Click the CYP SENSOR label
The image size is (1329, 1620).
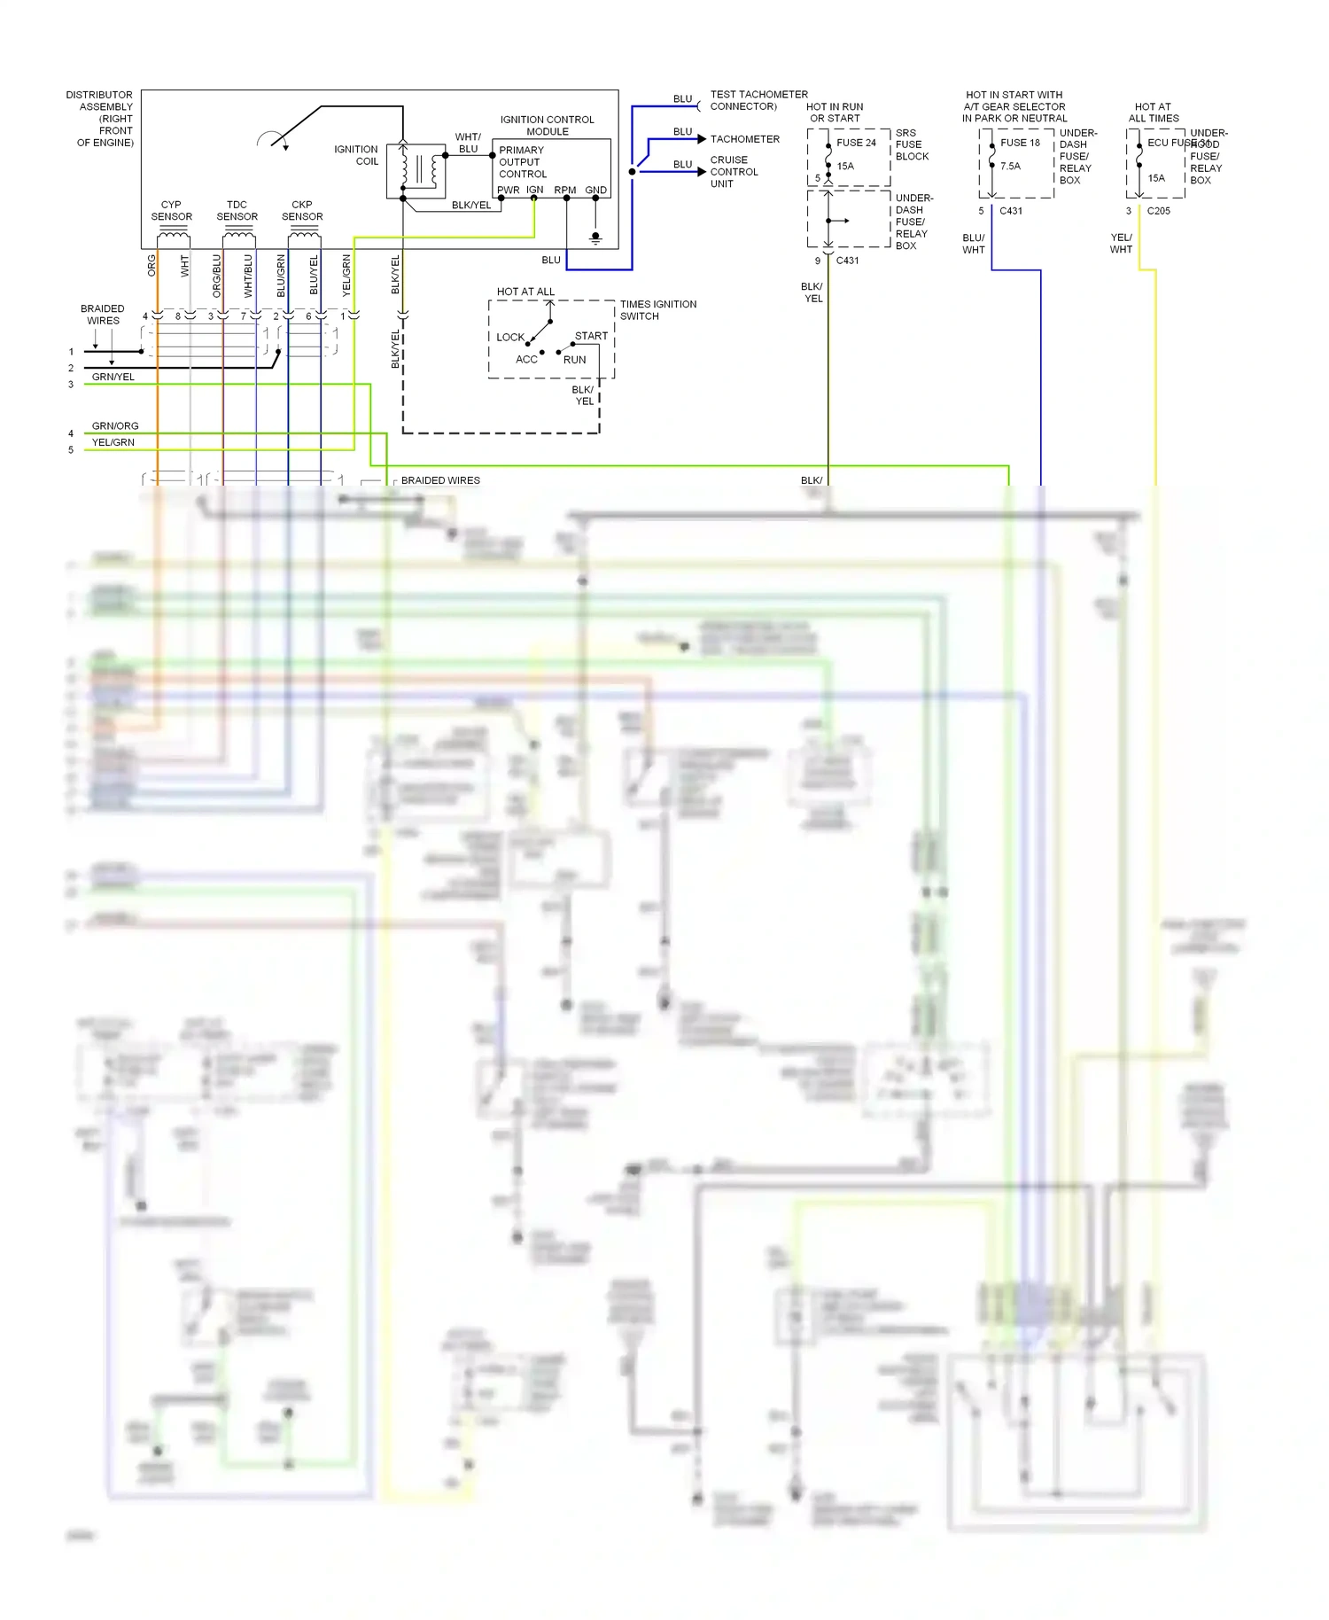[x=171, y=210]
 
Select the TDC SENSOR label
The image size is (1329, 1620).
[x=237, y=210]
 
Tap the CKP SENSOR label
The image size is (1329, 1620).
[x=302, y=210]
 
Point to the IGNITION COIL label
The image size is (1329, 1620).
[x=356, y=155]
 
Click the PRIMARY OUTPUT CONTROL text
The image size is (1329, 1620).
[x=522, y=162]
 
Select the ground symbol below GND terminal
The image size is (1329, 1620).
[x=595, y=238]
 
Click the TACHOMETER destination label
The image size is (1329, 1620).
[x=744, y=139]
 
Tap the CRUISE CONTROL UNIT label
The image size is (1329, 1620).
[x=734, y=172]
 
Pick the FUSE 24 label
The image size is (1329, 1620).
[x=856, y=143]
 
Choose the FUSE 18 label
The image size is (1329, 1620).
[x=1020, y=143]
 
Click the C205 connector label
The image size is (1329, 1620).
[x=1158, y=211]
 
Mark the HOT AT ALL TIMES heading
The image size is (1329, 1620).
[x=1153, y=112]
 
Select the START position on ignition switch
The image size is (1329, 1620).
[x=591, y=336]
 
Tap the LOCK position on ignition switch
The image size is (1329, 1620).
[x=510, y=337]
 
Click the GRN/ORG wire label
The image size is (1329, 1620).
[x=115, y=426]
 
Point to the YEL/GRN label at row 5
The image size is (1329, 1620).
[x=113, y=442]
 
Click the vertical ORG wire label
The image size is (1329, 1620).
[x=152, y=265]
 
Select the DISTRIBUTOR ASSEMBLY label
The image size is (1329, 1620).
[x=101, y=118]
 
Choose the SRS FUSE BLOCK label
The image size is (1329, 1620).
[x=912, y=144]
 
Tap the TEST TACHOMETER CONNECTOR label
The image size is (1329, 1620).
[x=758, y=100]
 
